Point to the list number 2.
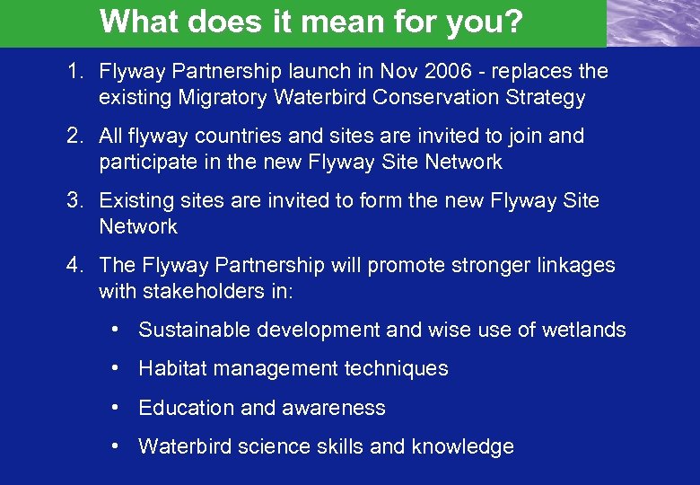point(75,136)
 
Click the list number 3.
point(75,200)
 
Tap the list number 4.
point(75,265)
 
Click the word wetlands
point(583,330)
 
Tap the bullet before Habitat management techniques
point(117,367)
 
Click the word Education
point(187,407)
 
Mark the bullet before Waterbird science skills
point(117,445)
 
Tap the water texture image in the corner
point(652,22)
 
